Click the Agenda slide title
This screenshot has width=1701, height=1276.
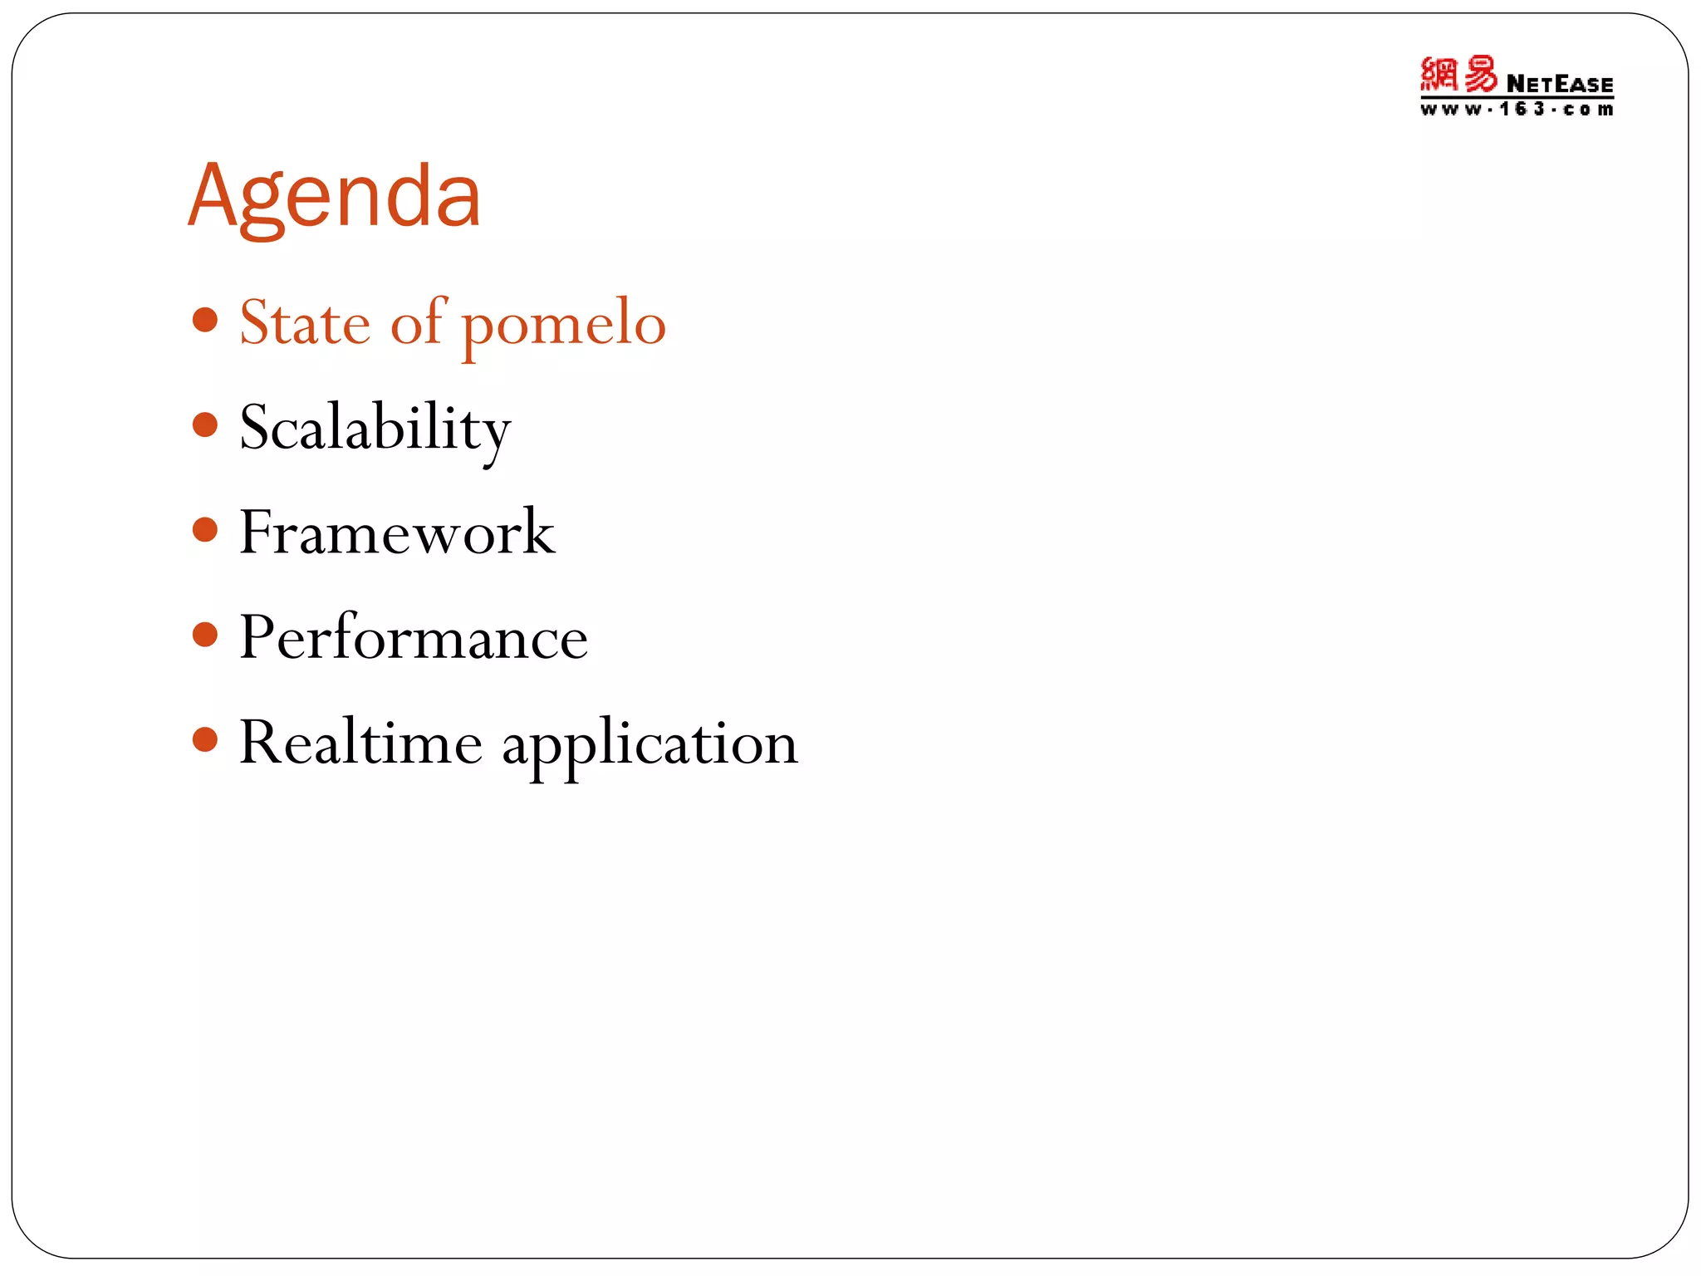(335, 197)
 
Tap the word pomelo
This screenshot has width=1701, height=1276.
(564, 325)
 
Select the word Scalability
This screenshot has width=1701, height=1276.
(375, 428)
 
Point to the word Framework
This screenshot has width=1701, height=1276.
(397, 532)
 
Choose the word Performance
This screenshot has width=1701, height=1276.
(414, 637)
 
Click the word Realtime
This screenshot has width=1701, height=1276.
(360, 742)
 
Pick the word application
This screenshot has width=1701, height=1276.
(650, 744)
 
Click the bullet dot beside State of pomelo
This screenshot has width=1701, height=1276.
(204, 320)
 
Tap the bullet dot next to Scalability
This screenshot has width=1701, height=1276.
(204, 425)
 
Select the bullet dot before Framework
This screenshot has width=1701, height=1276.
(204, 530)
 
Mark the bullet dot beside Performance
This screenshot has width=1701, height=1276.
(204, 636)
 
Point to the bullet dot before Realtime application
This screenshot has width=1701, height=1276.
(204, 739)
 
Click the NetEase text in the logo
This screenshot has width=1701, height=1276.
(1559, 84)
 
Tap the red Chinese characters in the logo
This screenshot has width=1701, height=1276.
(1458, 75)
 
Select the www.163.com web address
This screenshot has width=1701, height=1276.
(1516, 110)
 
